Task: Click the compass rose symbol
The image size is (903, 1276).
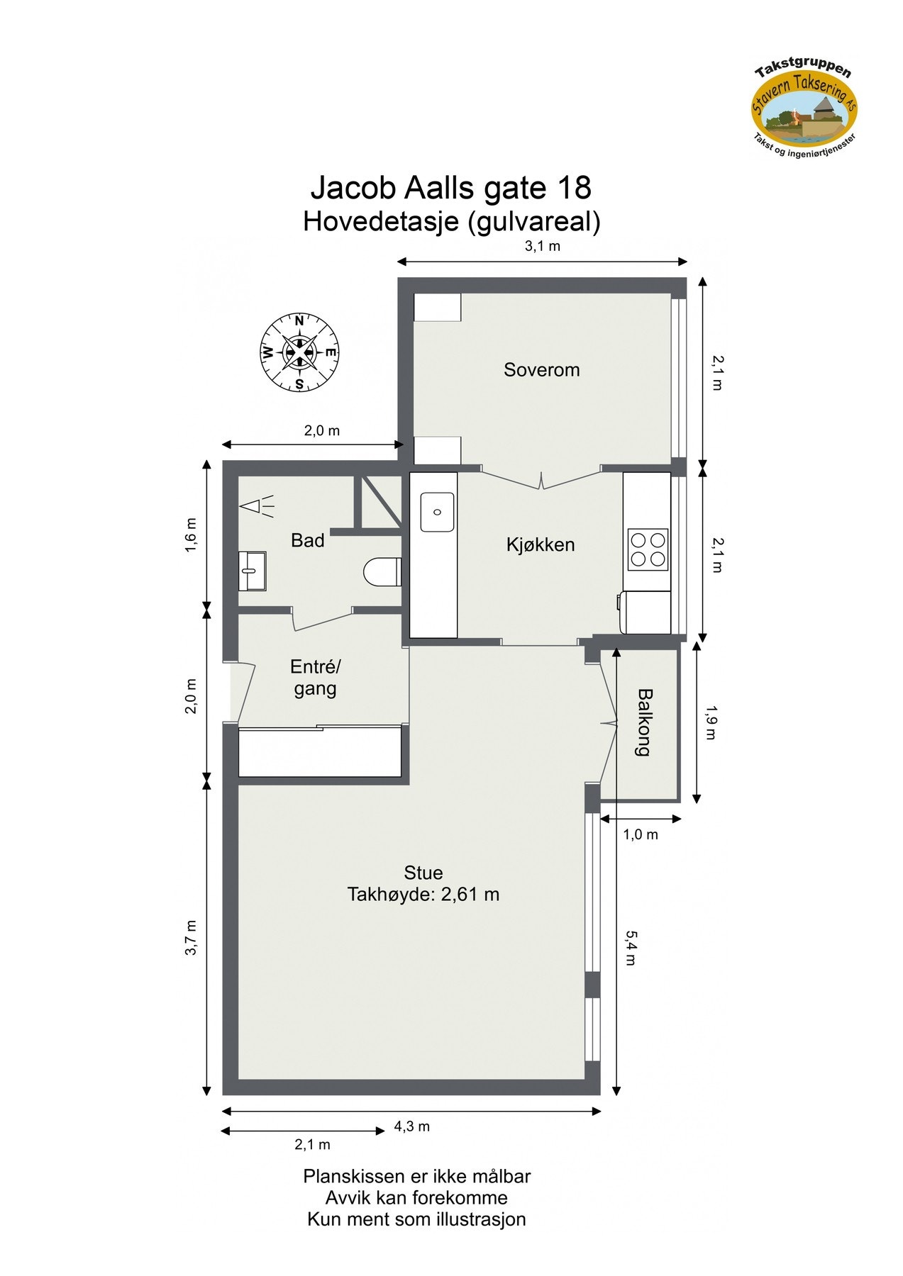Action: click(299, 352)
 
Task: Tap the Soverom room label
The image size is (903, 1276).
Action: click(541, 369)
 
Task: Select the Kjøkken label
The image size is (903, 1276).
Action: click(540, 544)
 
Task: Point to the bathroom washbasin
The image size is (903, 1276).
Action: click(251, 571)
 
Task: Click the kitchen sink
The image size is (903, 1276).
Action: click(437, 512)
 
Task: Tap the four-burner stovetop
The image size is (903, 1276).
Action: click(648, 549)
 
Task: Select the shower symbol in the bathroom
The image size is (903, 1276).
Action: click(257, 506)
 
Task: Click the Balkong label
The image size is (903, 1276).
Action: click(643, 722)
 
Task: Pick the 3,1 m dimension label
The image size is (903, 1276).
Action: click(542, 247)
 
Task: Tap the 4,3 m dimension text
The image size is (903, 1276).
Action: click(412, 1126)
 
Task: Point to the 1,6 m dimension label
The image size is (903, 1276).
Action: click(191, 535)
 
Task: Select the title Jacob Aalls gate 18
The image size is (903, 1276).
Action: click(451, 189)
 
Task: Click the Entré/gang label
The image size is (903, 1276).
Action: click(316, 677)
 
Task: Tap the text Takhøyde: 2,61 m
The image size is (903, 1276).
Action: click(423, 895)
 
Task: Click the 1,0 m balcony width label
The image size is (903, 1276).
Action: click(641, 834)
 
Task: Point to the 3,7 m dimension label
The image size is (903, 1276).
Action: click(191, 937)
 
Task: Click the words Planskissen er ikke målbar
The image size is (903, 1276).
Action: click(417, 1176)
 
